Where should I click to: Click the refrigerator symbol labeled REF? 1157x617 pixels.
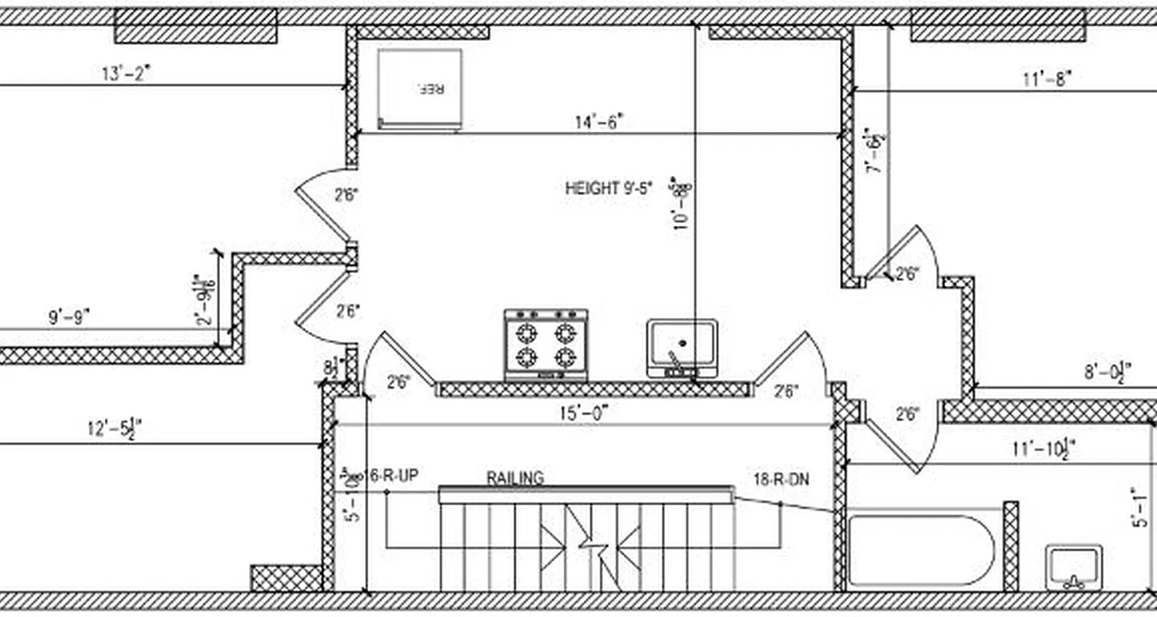pyautogui.click(x=420, y=89)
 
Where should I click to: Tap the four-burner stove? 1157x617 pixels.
pyautogui.click(x=546, y=345)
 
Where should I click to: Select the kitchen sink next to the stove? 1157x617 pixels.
pyautogui.click(x=682, y=348)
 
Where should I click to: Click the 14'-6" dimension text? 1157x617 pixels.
pyautogui.click(x=599, y=122)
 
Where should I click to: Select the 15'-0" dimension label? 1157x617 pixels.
pyautogui.click(x=584, y=413)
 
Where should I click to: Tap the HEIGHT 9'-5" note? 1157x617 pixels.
pyautogui.click(x=609, y=187)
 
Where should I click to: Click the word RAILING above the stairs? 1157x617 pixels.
pyautogui.click(x=514, y=478)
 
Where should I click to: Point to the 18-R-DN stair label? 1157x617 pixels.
pyautogui.click(x=781, y=479)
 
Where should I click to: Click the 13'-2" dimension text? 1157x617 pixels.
pyautogui.click(x=126, y=73)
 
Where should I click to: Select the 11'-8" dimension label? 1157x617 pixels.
pyautogui.click(x=1047, y=79)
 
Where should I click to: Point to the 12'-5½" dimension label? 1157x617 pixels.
pyautogui.click(x=114, y=428)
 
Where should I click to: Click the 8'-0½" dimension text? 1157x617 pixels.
pyautogui.click(x=1108, y=373)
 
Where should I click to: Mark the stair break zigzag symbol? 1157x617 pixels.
pyautogui.click(x=592, y=546)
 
